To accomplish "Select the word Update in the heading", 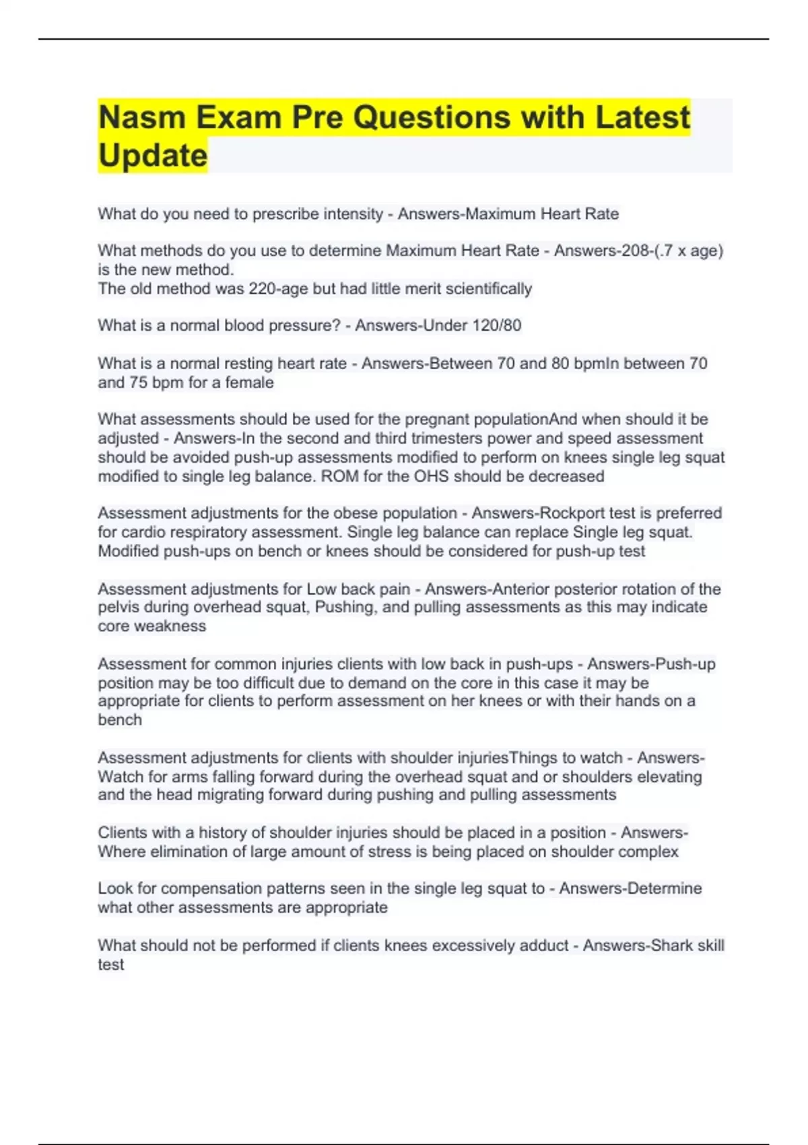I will tap(153, 156).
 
